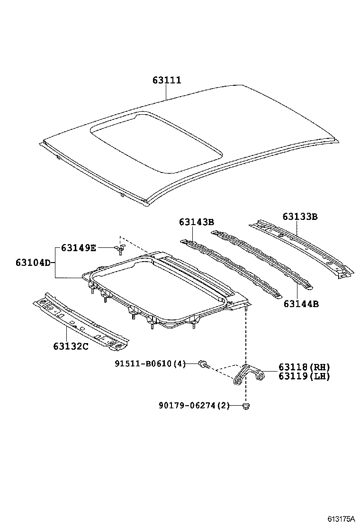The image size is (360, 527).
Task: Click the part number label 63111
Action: (x=167, y=81)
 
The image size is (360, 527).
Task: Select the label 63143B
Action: (x=197, y=222)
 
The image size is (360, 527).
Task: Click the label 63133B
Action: (x=300, y=217)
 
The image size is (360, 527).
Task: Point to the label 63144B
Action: (x=301, y=303)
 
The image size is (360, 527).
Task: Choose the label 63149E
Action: (x=78, y=247)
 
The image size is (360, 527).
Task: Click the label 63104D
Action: (x=32, y=262)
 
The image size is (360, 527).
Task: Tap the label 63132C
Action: (x=71, y=345)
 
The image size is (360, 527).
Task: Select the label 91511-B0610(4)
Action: (x=150, y=363)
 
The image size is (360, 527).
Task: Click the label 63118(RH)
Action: (x=304, y=367)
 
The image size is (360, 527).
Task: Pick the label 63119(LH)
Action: (x=304, y=376)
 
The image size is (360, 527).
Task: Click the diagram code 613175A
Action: (x=340, y=519)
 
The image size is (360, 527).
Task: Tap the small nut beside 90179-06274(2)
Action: (x=245, y=406)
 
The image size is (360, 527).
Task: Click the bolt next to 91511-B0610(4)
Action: (x=204, y=364)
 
